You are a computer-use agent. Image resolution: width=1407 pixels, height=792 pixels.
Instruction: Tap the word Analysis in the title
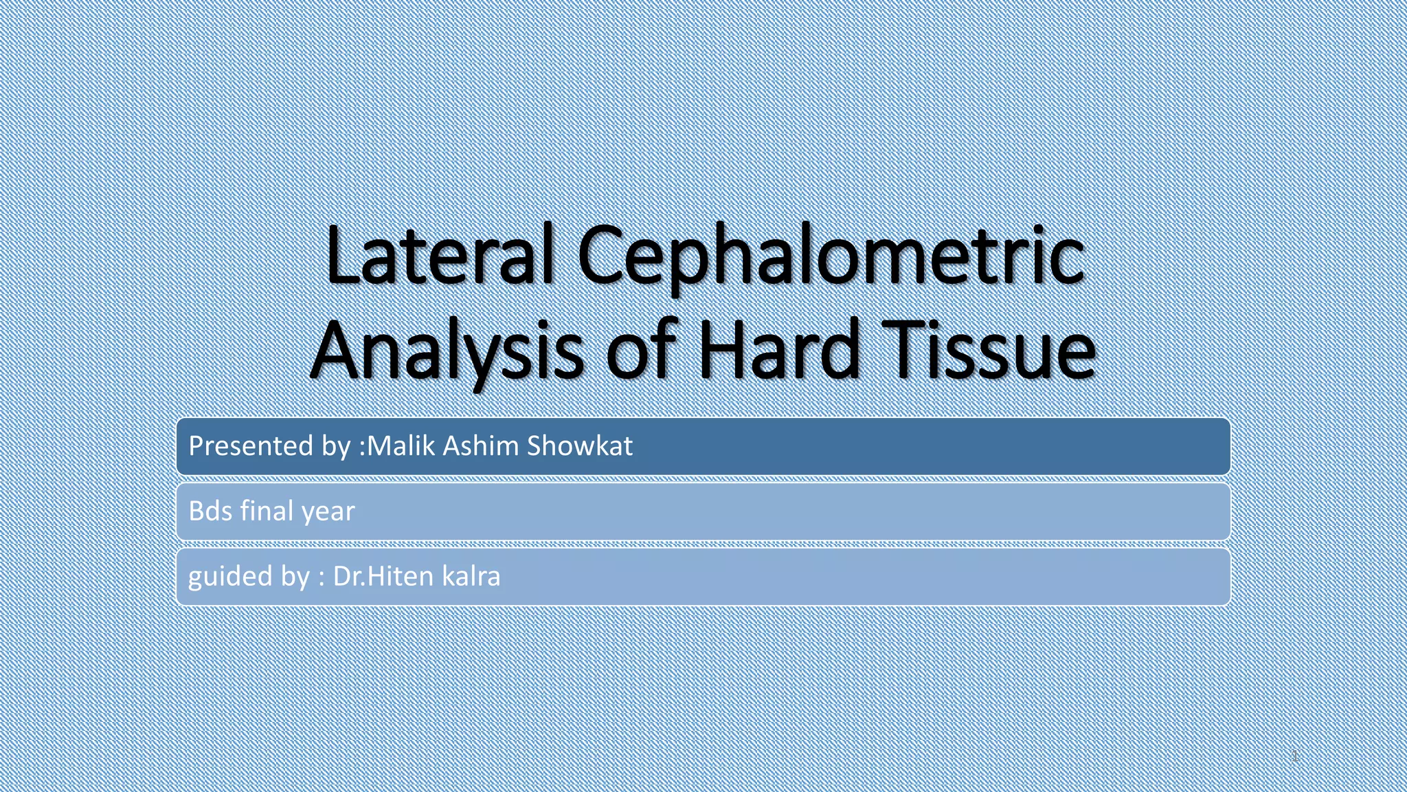click(447, 351)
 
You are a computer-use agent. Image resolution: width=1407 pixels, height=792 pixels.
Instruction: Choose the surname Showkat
click(580, 445)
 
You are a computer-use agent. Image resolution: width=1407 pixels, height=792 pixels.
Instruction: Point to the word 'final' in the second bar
click(267, 511)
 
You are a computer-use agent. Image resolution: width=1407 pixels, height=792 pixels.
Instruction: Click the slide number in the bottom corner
click(1294, 756)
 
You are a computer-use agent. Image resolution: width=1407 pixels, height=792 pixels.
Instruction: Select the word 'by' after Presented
click(335, 447)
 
